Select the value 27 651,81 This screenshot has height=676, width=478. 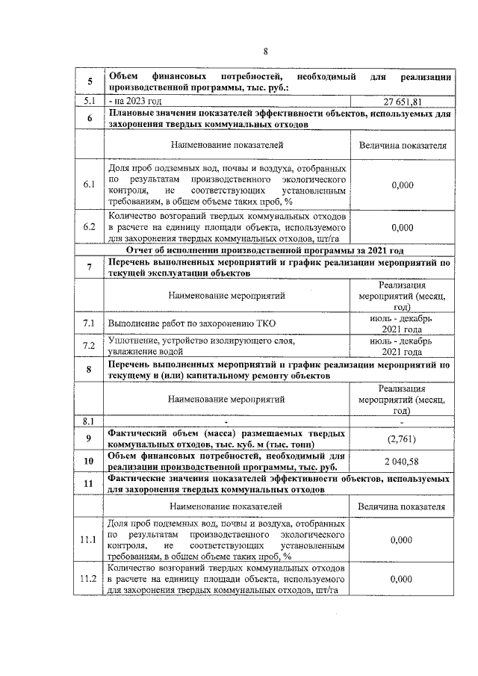coord(402,101)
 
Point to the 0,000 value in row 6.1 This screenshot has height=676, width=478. coord(402,184)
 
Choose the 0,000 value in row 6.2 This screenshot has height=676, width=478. coord(402,227)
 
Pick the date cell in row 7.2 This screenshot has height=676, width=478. coord(402,345)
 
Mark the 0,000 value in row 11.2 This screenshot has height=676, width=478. coord(402,579)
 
